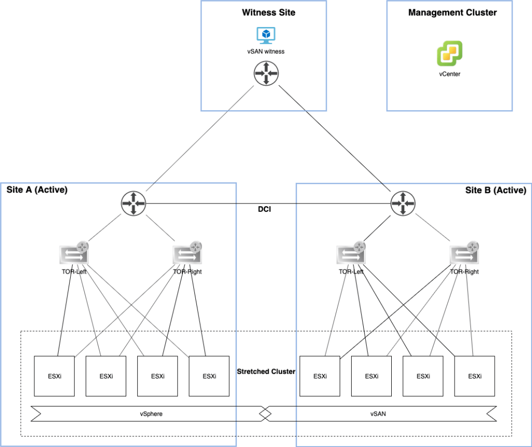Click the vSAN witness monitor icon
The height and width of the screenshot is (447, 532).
[266, 35]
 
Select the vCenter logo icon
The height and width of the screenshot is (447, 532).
[449, 54]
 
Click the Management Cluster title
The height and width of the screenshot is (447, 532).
[453, 12]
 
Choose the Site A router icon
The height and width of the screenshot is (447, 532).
[134, 204]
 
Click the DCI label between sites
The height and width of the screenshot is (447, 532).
[267, 209]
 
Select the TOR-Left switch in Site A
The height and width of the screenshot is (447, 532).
[74, 254]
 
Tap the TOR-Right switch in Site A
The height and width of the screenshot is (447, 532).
[187, 254]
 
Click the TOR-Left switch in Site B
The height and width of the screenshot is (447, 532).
[351, 254]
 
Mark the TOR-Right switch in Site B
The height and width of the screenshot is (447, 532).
[464, 254]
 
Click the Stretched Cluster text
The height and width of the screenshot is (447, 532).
[266, 372]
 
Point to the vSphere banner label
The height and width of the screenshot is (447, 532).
[149, 414]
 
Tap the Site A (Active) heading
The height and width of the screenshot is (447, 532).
[37, 190]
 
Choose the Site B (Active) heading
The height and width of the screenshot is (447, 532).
[496, 190]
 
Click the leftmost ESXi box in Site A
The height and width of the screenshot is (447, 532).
[54, 376]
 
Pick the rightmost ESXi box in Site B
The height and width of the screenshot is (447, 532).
[474, 376]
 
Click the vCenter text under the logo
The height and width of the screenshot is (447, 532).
[449, 74]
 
